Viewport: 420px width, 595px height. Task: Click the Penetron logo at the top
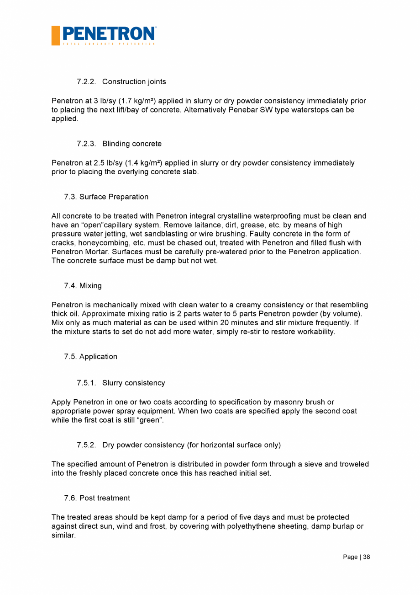104,35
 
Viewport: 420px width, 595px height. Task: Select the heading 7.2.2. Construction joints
121,81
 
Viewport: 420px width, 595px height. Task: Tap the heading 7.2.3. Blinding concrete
119,144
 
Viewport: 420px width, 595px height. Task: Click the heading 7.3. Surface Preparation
106,197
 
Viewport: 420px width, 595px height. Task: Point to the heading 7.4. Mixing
83,285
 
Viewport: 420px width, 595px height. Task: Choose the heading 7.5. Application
91,356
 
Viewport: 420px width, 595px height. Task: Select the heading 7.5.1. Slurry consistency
121,383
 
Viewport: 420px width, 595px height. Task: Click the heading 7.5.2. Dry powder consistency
178,445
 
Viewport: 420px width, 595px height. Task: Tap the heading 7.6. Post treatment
97,498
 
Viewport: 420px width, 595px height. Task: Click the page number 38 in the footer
367,557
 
